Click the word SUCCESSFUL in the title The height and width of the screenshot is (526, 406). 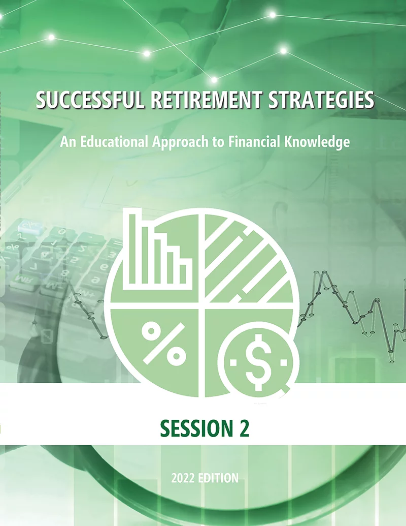click(x=90, y=100)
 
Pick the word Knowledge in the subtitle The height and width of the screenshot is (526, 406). click(x=317, y=142)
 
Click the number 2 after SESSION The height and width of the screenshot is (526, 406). click(x=245, y=428)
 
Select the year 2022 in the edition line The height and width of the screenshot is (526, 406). click(x=183, y=478)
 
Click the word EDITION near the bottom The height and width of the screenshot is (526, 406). click(x=218, y=478)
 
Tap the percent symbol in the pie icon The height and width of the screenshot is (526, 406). click(x=164, y=344)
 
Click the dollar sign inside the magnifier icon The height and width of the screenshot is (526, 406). click(x=258, y=362)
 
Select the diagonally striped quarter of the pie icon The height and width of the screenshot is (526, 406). click(x=248, y=258)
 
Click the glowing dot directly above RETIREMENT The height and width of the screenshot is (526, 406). click(x=214, y=80)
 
